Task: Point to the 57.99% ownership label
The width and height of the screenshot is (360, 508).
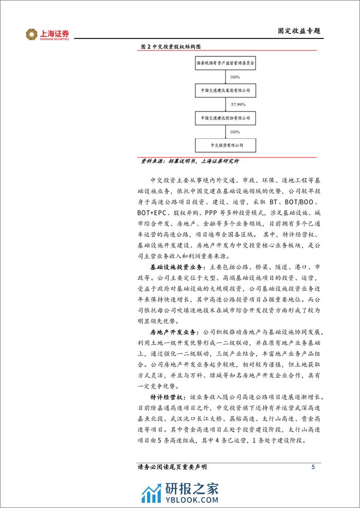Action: (x=238, y=105)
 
